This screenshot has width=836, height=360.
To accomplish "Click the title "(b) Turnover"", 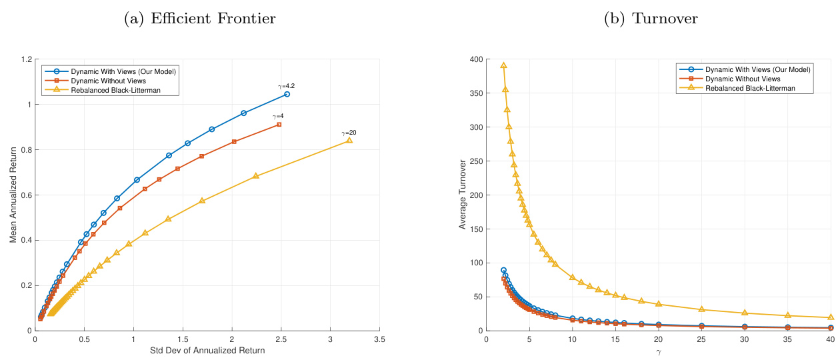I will [651, 19].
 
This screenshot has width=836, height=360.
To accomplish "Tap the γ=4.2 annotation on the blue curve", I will [287, 86].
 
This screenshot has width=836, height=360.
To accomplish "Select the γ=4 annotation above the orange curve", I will [278, 116].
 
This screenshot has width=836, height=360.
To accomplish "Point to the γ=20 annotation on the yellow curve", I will [349, 133].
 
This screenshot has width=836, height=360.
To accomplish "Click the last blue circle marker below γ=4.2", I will [287, 94].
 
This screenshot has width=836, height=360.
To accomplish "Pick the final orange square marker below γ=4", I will [279, 125].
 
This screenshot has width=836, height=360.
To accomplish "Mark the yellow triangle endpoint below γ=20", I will [349, 141].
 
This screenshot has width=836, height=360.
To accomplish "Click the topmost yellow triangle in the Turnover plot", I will [503, 65].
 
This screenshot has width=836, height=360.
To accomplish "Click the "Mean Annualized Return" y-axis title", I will [13, 194].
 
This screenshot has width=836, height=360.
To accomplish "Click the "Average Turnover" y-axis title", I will [463, 195].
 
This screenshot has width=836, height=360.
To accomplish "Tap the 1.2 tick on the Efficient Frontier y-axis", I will [27, 59].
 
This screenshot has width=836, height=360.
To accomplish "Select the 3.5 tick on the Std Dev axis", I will [379, 339].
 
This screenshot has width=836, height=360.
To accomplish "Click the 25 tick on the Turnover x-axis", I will [701, 339].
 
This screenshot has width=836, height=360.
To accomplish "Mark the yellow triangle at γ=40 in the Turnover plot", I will [831, 317].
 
